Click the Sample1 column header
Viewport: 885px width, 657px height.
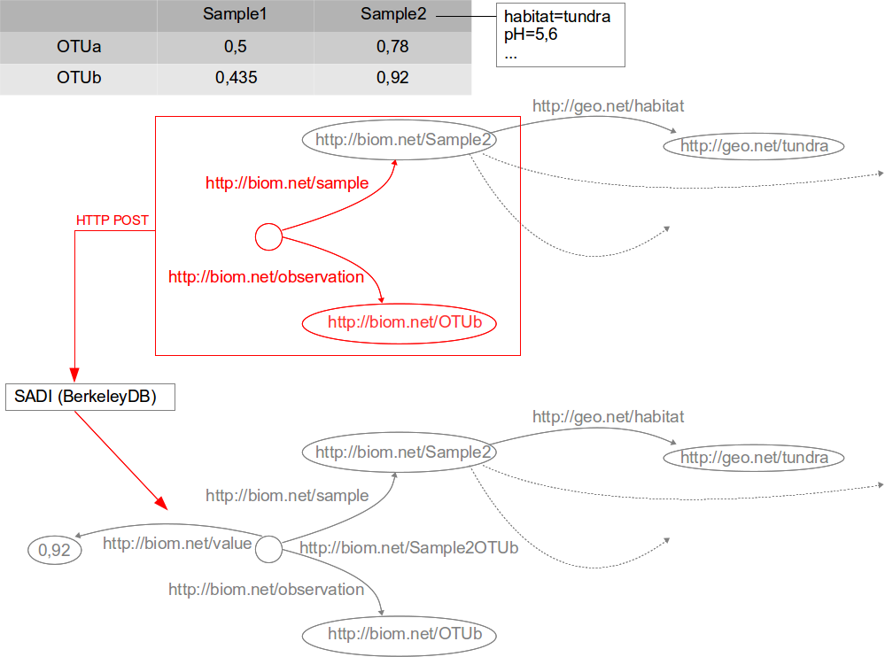pyautogui.click(x=235, y=14)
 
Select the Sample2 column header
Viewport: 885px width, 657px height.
pyautogui.click(x=392, y=14)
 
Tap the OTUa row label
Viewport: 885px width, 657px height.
pyautogui.click(x=79, y=46)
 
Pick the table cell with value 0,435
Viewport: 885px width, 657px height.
pyautogui.click(x=236, y=78)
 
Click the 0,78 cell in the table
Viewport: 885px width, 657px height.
pyautogui.click(x=392, y=46)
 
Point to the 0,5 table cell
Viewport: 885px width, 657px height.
pyautogui.click(x=236, y=46)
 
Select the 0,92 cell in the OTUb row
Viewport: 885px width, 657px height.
pyautogui.click(x=392, y=78)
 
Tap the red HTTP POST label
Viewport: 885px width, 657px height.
pyautogui.click(x=113, y=220)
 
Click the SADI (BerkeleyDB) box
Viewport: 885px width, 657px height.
pyautogui.click(x=90, y=397)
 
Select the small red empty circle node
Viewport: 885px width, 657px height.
pyautogui.click(x=268, y=237)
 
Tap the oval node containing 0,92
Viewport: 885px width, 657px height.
pyautogui.click(x=54, y=551)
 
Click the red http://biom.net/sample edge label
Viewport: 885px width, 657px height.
pyautogui.click(x=287, y=183)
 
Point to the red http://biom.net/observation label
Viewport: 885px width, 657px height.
pyautogui.click(x=266, y=277)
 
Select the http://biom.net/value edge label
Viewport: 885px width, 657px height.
pyautogui.click(x=177, y=544)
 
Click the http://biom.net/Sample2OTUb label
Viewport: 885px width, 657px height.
pyautogui.click(x=408, y=548)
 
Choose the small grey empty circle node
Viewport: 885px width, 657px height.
pyautogui.click(x=268, y=549)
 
